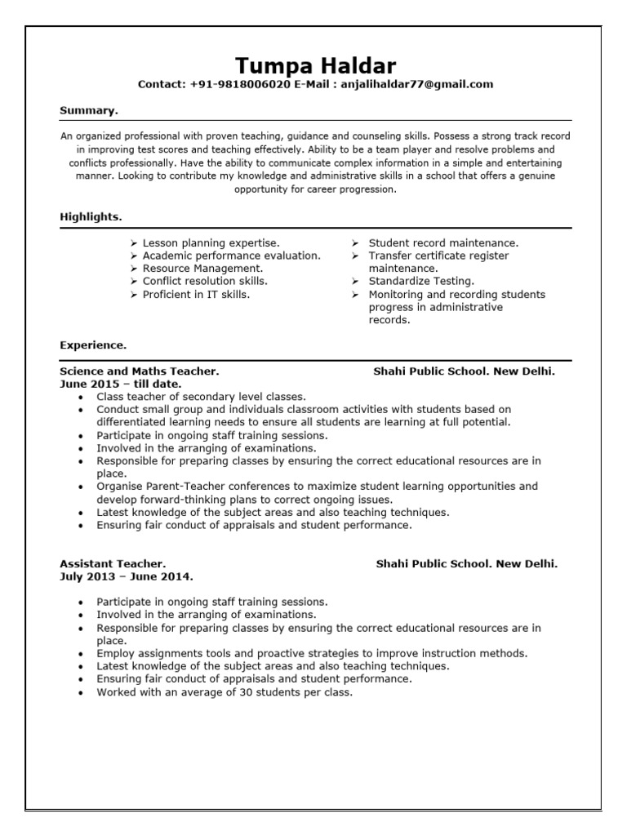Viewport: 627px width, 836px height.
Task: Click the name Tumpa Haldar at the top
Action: (315, 65)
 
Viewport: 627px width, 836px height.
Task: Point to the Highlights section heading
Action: (91, 216)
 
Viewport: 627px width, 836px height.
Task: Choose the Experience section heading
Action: (93, 345)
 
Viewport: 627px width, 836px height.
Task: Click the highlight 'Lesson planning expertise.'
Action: (211, 243)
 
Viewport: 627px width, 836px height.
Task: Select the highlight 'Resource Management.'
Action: (202, 269)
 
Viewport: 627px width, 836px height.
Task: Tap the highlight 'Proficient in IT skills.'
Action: (196, 294)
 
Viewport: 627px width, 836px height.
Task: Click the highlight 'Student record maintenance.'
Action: (443, 243)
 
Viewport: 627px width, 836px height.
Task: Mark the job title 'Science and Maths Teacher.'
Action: (140, 371)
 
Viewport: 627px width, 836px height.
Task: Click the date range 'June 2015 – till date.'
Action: (121, 384)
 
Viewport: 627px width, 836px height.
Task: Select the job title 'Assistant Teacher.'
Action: (113, 563)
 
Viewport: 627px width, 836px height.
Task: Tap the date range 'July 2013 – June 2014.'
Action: (127, 576)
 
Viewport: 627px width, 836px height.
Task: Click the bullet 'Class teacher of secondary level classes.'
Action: (201, 397)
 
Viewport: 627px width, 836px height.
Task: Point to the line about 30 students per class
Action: (225, 692)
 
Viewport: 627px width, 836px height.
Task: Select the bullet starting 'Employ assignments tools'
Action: (312, 653)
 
